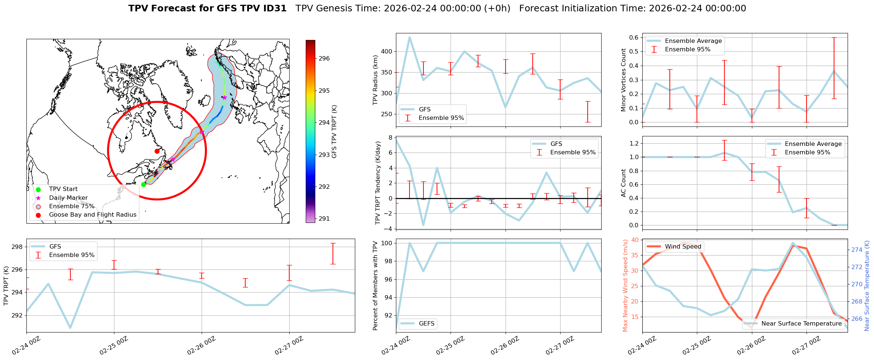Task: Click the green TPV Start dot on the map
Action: [x=143, y=184]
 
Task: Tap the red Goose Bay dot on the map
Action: [x=157, y=151]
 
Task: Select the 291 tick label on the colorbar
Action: [x=324, y=219]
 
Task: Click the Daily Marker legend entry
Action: [x=68, y=198]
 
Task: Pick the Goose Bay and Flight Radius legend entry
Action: [x=92, y=215]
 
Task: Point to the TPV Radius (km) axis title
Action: [x=375, y=80]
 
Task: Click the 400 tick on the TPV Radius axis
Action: [x=387, y=52]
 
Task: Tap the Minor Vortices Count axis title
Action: [x=623, y=80]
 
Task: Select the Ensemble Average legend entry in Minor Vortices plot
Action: [x=693, y=41]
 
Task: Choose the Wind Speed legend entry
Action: [x=683, y=247]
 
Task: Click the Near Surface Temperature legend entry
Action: [x=801, y=324]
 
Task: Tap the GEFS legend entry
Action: [x=426, y=324]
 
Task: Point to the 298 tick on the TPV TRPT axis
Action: [x=18, y=247]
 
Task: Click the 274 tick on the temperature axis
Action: [x=856, y=250]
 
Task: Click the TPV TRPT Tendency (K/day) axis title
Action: [x=378, y=183]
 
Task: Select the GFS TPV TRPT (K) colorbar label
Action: [x=334, y=132]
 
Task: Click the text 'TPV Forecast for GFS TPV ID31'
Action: [x=207, y=8]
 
